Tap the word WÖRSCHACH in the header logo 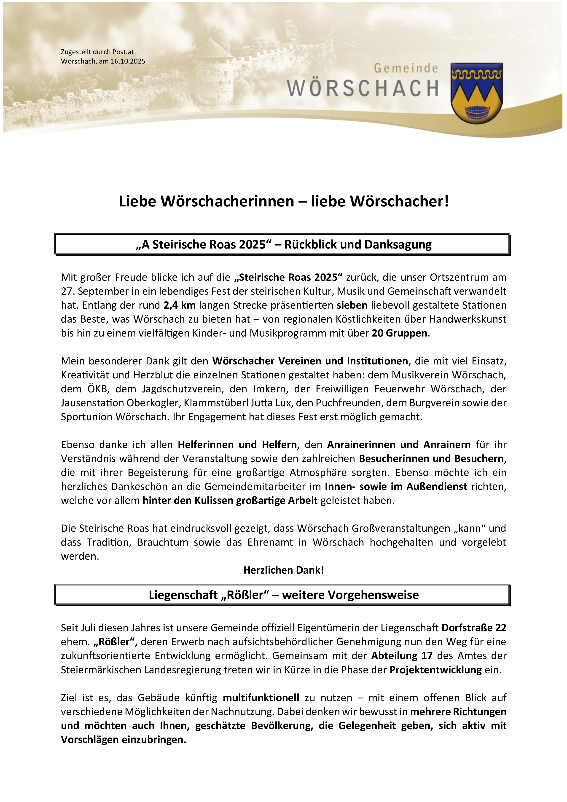363,88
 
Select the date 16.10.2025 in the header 128,61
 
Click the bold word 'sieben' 352,305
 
